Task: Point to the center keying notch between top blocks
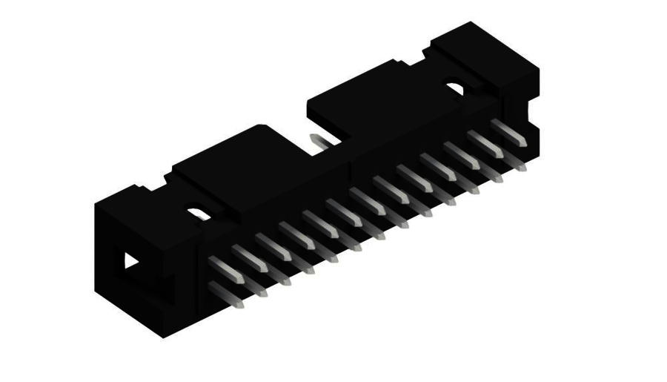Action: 311,137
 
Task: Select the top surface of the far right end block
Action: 482,48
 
